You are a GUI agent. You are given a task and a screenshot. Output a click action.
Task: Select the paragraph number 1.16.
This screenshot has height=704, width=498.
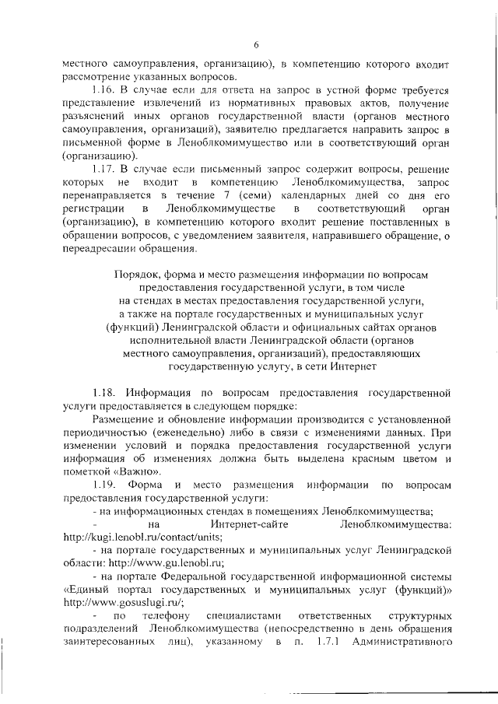(104, 90)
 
